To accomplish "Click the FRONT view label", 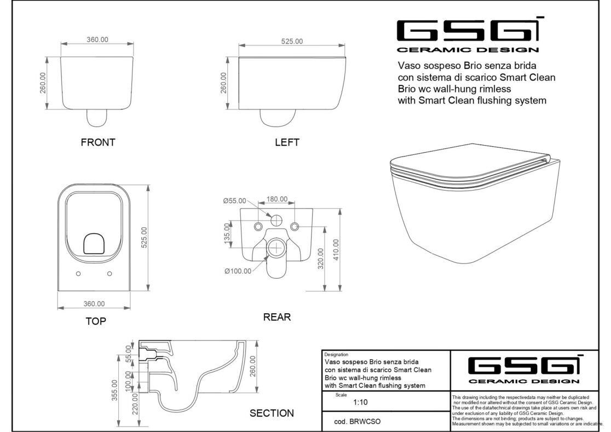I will pyautogui.click(x=97, y=142).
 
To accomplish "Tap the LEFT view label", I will pyautogui.click(x=287, y=142).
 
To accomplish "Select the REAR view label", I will pyautogui.click(x=277, y=316).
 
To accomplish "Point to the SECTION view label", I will pyautogui.click(x=272, y=413).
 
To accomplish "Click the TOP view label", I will pyautogui.click(x=96, y=321).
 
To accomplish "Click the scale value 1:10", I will pyautogui.click(x=360, y=402).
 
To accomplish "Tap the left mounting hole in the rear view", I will pyautogui.click(x=258, y=227).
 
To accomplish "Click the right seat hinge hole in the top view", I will pyautogui.click(x=110, y=273).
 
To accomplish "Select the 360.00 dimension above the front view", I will pyautogui.click(x=97, y=39).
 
